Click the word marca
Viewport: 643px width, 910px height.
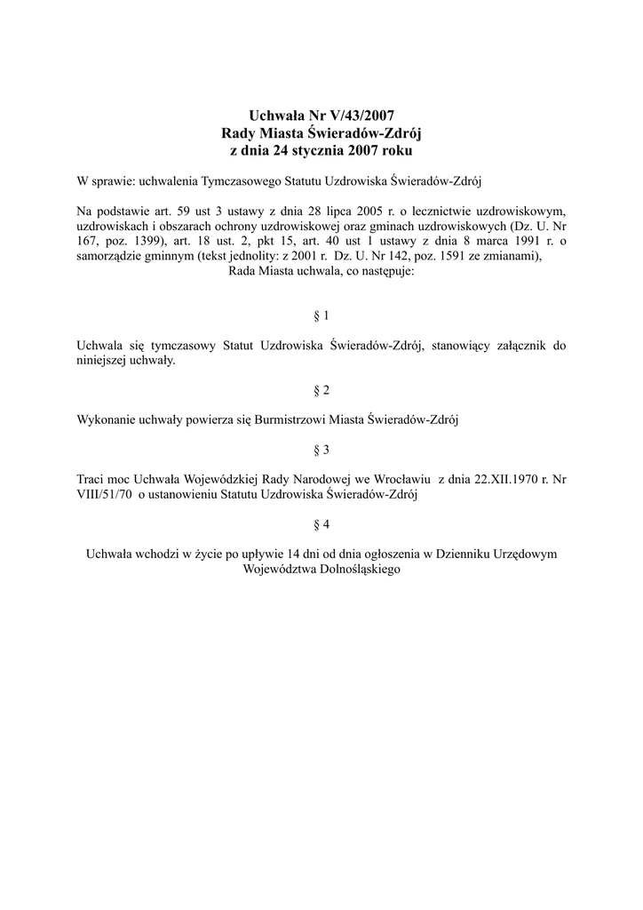tap(485, 242)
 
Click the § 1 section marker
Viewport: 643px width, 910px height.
tap(321, 315)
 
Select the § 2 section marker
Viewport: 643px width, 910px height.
tap(321, 390)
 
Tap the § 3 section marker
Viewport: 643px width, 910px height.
tap(321, 449)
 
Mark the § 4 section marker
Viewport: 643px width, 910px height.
tap(321, 523)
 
